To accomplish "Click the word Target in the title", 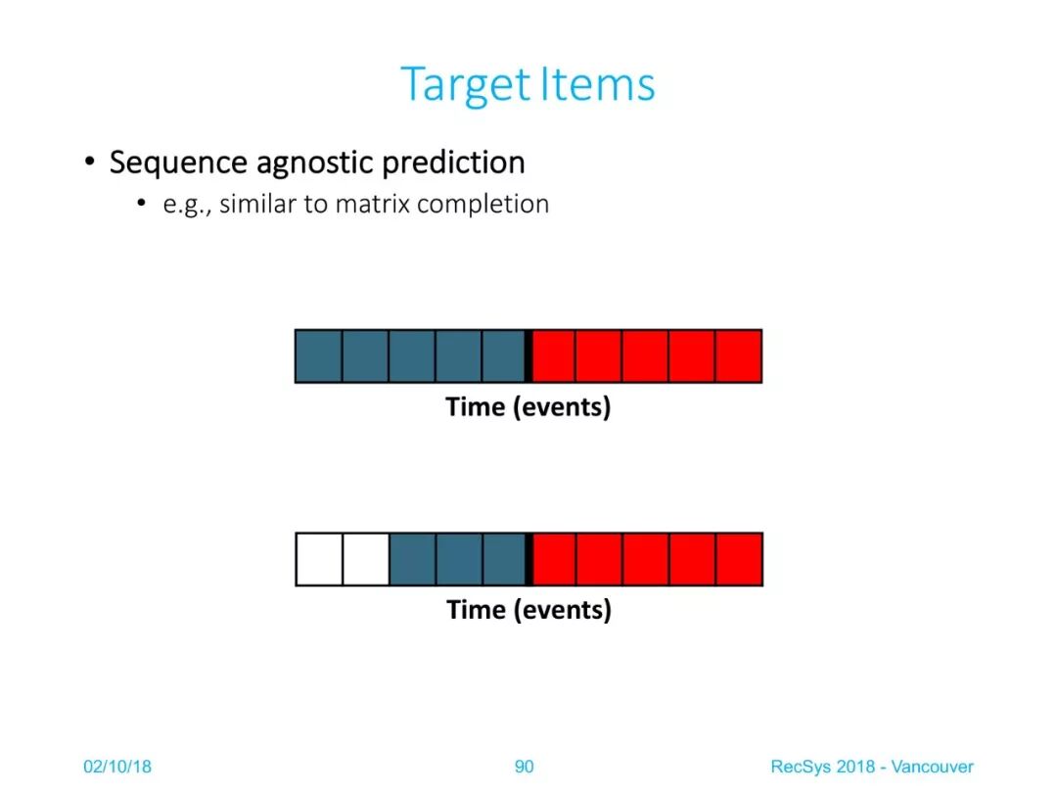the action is point(466,85).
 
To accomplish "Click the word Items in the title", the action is point(597,84).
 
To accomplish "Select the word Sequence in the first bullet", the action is point(179,163).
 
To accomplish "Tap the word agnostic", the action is point(314,163).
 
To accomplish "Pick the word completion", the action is point(483,205).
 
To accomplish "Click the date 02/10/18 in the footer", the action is point(117,767).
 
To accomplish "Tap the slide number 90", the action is point(524,767).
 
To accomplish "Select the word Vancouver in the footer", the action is point(933,767).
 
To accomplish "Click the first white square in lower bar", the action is point(319,559).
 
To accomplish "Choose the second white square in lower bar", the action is point(366,559).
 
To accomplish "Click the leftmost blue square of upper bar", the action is point(319,356).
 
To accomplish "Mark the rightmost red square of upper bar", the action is point(738,356).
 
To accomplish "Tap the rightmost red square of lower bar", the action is point(740,559).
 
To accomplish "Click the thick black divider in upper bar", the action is point(528,356).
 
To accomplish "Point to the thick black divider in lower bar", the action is point(529,559).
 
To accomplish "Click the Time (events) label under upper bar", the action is point(528,407).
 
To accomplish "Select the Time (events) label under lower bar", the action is point(529,610).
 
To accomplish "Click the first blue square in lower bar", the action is point(413,559).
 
